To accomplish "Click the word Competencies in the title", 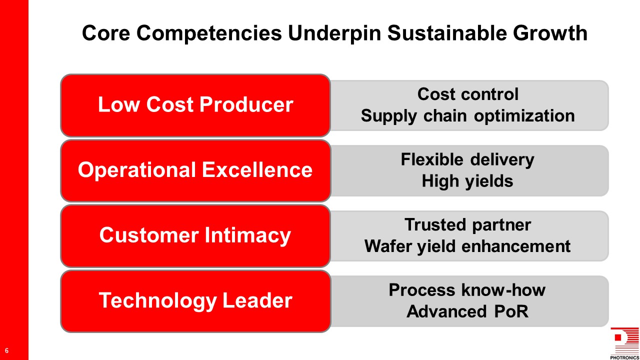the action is click(209, 33).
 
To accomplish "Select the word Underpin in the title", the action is click(334, 33).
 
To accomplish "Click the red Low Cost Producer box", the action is click(195, 105).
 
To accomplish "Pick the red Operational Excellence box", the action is click(195, 171).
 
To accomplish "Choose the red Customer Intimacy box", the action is click(195, 236).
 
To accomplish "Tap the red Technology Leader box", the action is click(195, 301).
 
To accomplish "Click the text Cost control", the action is click(467, 94).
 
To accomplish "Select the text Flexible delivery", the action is click(467, 159).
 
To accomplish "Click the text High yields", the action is click(467, 181).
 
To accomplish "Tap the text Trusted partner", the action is click(467, 225).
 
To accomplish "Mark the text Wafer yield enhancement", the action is click(467, 246).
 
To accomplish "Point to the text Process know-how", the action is click(467, 290).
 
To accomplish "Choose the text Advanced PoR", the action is click(467, 311).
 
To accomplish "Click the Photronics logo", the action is click(624, 343).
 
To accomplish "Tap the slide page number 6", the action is click(6, 350).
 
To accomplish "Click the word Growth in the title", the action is click(550, 33).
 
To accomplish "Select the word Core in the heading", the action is click(106, 33).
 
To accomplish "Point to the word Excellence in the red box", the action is click(257, 170).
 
